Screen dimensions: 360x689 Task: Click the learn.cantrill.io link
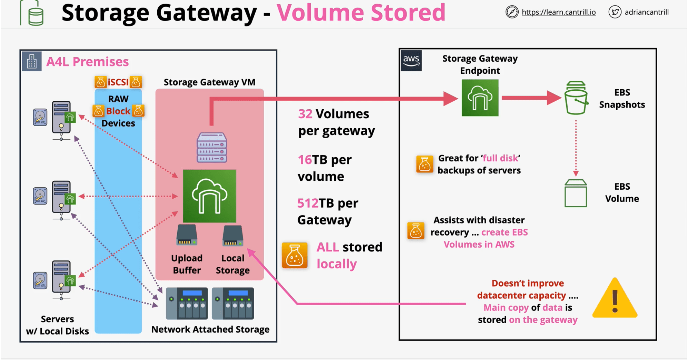(558, 12)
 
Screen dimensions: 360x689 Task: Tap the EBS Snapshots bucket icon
(576, 98)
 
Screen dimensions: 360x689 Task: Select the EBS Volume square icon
(576, 193)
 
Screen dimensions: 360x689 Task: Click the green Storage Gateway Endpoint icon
(480, 98)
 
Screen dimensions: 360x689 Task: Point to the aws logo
(411, 61)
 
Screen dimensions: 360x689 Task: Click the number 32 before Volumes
(305, 114)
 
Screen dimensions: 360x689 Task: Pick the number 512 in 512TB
(308, 203)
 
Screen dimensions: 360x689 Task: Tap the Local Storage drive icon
(233, 236)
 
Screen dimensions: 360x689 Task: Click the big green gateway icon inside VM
(209, 196)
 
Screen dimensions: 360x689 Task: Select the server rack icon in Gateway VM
(212, 148)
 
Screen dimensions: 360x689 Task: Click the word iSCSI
(118, 82)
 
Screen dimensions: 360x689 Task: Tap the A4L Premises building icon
(32, 61)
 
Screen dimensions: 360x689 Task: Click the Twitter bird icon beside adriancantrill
(615, 12)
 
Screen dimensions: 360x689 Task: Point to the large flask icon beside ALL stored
(294, 256)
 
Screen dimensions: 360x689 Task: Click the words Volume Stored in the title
(361, 12)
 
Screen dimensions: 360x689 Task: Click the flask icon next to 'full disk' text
(425, 164)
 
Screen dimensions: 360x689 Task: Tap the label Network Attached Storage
(210, 329)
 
